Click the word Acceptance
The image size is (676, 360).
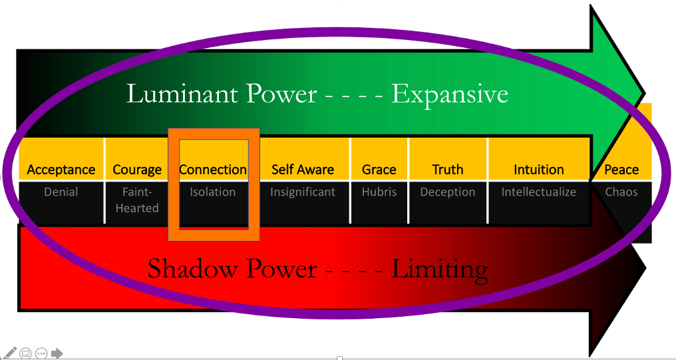(61, 170)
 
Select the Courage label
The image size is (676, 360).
(137, 170)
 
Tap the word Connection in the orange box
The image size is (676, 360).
(213, 170)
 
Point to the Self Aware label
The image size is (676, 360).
(303, 170)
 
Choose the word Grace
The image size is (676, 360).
(379, 170)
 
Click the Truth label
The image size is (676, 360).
(448, 170)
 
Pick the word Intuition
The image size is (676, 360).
(538, 170)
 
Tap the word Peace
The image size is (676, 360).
(621, 170)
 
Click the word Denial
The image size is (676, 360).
(61, 192)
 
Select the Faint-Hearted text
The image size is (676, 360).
(137, 200)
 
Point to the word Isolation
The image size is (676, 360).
(213, 192)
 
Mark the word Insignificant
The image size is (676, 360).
(303, 192)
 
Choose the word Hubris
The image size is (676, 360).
(379, 192)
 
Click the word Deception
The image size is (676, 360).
(448, 192)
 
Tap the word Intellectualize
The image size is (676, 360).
(538, 192)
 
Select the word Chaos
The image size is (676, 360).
(621, 192)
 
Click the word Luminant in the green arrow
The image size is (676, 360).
(182, 94)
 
